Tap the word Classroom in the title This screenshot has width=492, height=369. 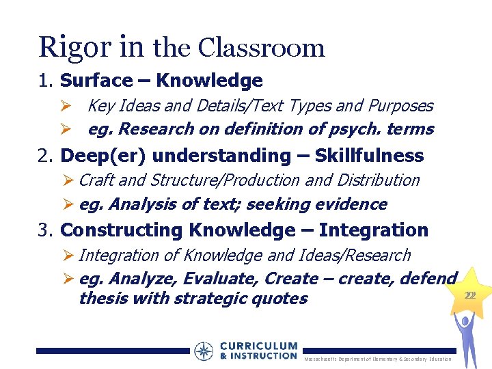tap(262, 47)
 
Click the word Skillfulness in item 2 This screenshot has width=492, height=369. tap(369, 155)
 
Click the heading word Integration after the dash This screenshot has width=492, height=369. tap(373, 230)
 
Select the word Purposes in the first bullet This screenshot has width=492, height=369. tap(400, 106)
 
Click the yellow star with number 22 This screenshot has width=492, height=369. tap(469, 295)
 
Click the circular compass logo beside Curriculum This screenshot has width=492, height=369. tap(204, 351)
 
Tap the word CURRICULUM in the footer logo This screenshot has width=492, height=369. tap(259, 346)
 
